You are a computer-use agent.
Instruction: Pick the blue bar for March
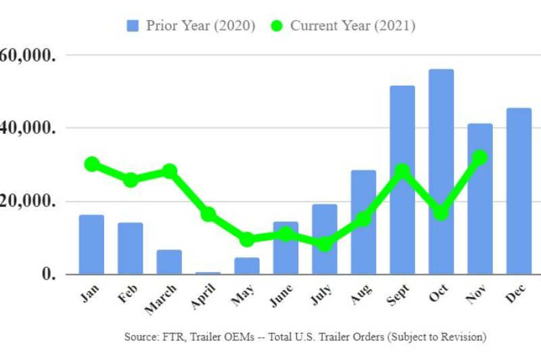(x=169, y=262)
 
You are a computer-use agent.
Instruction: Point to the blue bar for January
(x=91, y=244)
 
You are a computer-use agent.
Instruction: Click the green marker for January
(x=92, y=164)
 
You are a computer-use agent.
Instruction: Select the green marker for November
(x=479, y=158)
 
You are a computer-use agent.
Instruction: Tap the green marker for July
(x=325, y=244)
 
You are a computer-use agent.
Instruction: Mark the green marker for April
(x=208, y=214)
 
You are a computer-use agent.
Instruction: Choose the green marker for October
(x=441, y=212)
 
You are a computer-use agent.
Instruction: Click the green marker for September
(x=402, y=171)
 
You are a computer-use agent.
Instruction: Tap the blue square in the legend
(x=133, y=26)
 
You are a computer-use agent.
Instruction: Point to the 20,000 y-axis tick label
(x=27, y=201)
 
